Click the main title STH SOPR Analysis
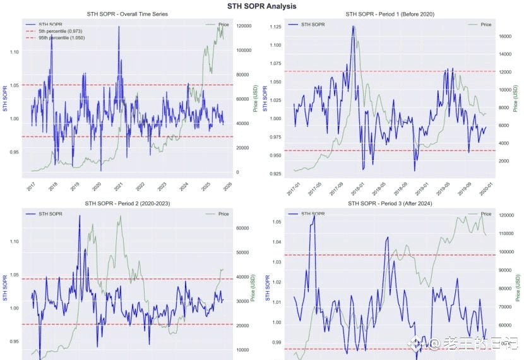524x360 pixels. point(261,6)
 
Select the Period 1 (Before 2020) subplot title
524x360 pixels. point(390,14)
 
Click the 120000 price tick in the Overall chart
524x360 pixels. point(244,26)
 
